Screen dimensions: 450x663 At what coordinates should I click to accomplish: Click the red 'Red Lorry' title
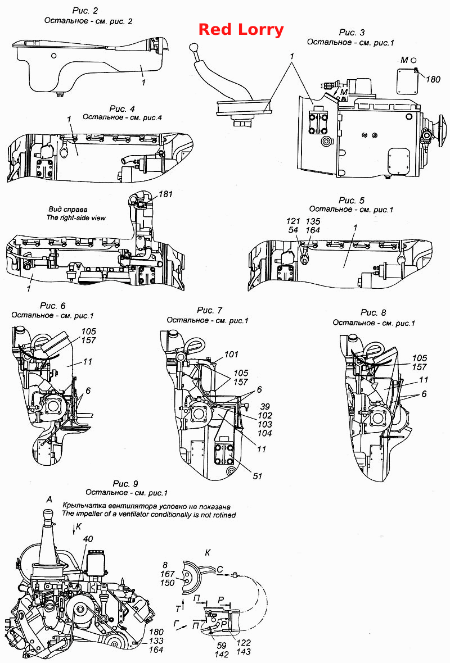[241, 30]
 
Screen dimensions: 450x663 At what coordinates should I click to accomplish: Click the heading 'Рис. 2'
[85, 11]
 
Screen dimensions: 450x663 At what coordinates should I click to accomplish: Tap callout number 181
[165, 194]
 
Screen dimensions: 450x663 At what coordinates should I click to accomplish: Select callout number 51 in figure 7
[258, 476]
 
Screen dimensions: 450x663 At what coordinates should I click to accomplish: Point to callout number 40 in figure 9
[88, 539]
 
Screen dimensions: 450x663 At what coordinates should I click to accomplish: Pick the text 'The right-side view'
[76, 218]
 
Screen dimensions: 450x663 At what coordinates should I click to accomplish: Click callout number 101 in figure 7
[232, 355]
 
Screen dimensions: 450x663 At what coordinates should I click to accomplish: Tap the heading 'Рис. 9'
[125, 483]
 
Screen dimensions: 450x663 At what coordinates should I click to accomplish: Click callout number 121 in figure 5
[293, 221]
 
